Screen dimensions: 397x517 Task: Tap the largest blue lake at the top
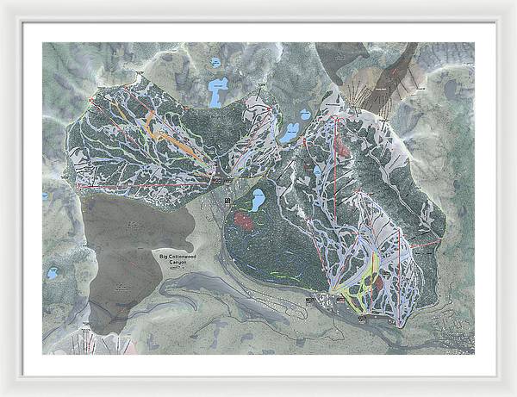coord(218,90)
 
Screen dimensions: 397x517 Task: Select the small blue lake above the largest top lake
coord(214,62)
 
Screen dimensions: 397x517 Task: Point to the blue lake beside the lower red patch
coord(257,202)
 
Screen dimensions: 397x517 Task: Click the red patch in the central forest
coord(244,221)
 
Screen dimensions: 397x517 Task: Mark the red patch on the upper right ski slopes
coord(343,142)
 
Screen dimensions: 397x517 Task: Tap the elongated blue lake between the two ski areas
coord(289,132)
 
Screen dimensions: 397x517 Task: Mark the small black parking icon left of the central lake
coord(227,201)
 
